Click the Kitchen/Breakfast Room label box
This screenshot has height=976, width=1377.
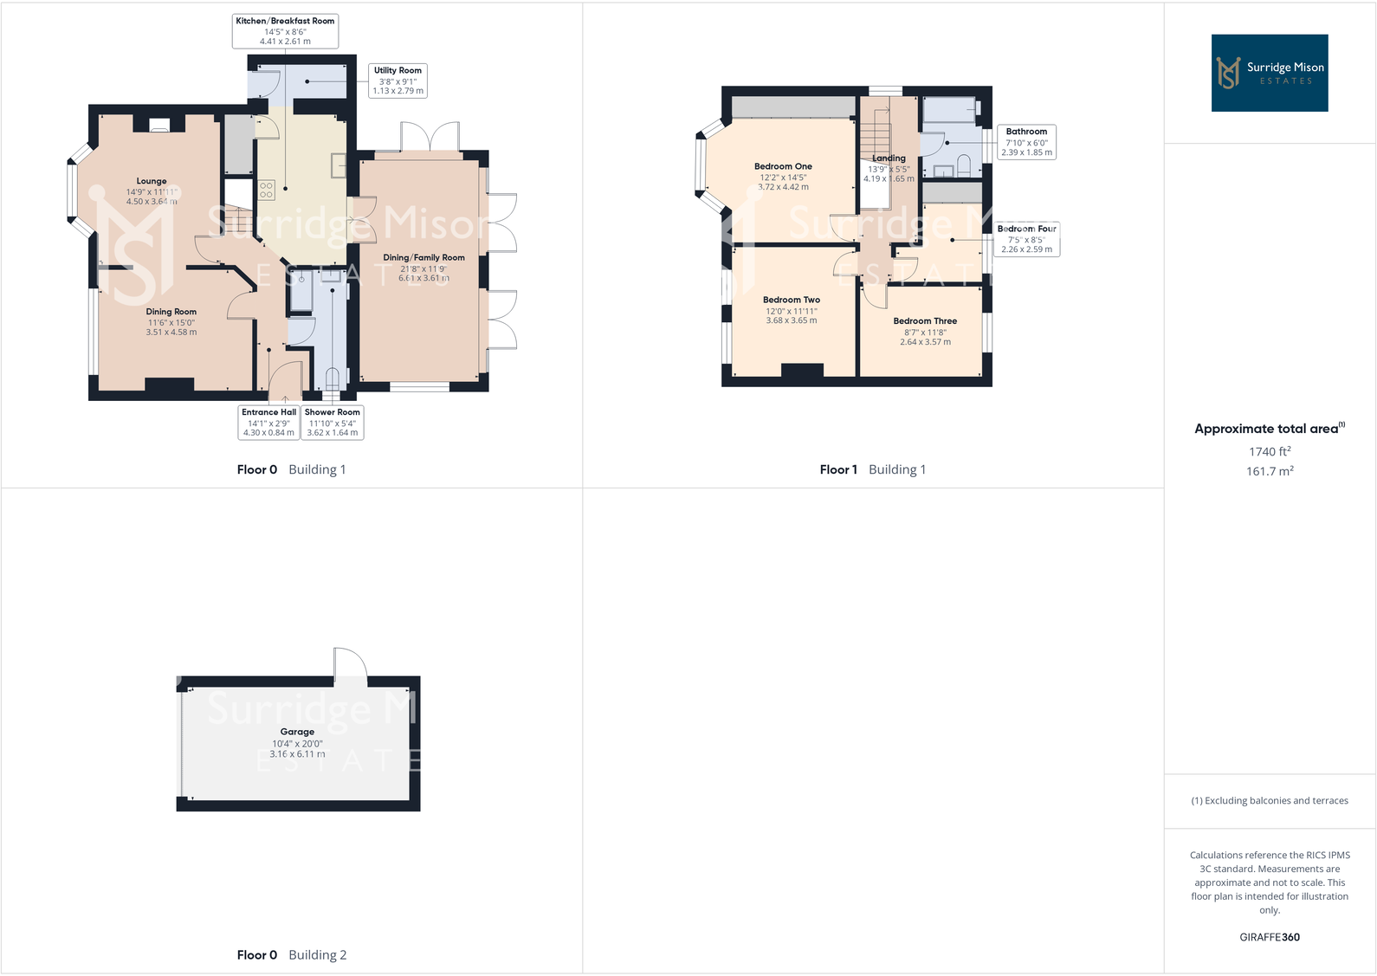point(285,31)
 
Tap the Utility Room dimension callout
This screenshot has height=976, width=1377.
point(398,81)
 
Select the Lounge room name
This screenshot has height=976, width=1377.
point(152,182)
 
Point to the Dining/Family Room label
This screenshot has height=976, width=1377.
point(423,258)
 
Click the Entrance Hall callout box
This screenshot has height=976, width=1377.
point(268,423)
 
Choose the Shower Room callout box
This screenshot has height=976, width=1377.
point(332,423)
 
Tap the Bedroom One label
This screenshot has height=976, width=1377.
point(783,167)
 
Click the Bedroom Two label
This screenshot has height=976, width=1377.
point(791,301)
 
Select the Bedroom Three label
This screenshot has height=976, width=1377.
point(925,321)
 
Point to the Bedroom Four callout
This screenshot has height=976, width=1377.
point(1026,239)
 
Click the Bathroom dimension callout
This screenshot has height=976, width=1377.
point(1026,142)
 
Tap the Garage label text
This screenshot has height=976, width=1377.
point(297,732)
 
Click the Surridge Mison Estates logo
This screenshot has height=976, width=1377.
point(1269,73)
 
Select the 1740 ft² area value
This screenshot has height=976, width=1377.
point(1269,451)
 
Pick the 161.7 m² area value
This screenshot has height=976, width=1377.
point(1269,471)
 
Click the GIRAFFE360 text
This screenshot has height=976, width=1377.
point(1269,937)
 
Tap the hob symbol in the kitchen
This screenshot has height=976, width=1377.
point(266,190)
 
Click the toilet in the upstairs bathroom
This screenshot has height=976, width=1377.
point(964,165)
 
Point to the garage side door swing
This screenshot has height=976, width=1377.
point(350,663)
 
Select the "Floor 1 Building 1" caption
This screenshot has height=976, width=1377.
point(872,469)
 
